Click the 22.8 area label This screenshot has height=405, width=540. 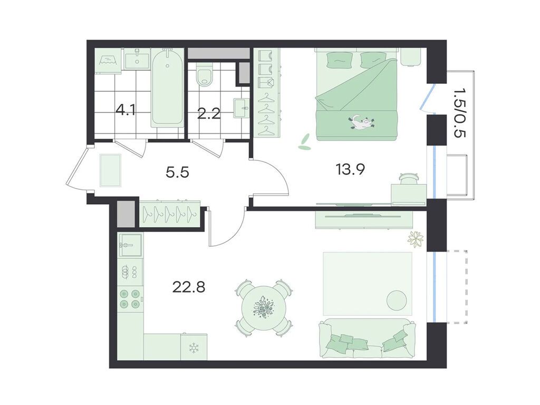tap(188, 286)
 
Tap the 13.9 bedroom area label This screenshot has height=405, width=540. tap(351, 169)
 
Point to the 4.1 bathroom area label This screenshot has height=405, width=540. tap(126, 111)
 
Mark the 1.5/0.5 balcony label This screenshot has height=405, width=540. tap(459, 112)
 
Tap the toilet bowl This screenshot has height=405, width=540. tap(205, 73)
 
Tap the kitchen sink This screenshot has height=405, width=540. tap(130, 245)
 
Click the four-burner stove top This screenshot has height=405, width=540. tap(130, 299)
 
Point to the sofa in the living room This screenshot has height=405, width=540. tap(368, 339)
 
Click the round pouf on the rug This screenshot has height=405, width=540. tap(397, 301)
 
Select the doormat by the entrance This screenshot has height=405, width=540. tap(111, 170)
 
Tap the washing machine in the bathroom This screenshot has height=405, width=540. tap(108, 61)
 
